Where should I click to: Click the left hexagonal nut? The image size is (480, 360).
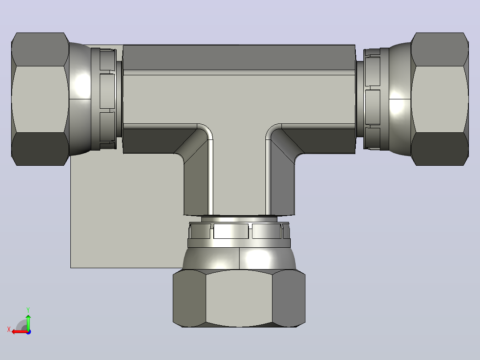click(x=40, y=99)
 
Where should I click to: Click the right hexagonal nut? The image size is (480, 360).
click(x=439, y=99)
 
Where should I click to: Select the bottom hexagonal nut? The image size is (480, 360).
click(x=239, y=298)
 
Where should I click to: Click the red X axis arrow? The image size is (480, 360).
click(x=20, y=331)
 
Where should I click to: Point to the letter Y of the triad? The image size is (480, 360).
click(x=28, y=310)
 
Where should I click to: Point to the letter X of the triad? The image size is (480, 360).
click(x=9, y=329)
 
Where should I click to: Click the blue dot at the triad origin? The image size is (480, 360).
click(x=29, y=332)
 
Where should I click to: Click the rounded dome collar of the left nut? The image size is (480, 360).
click(x=80, y=99)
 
